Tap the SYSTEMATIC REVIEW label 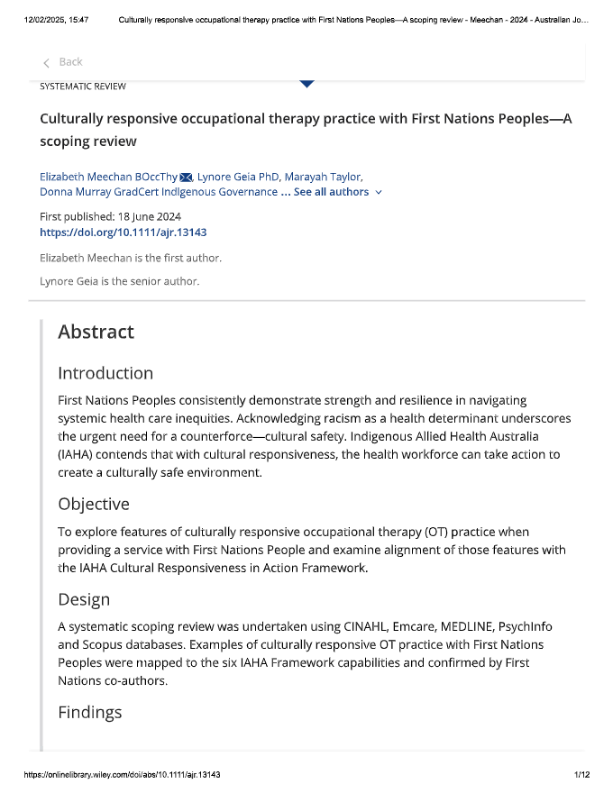(x=83, y=87)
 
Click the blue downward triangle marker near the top (x=306, y=84)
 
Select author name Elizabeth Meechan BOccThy (x=108, y=177)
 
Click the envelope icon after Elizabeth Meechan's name (x=187, y=177)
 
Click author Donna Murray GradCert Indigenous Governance (x=159, y=192)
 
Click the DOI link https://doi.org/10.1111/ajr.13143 (x=124, y=232)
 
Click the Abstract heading (x=96, y=332)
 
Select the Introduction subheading (x=105, y=373)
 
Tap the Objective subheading (x=94, y=504)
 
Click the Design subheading (x=84, y=599)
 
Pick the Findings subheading (x=90, y=713)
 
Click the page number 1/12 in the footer (x=581, y=775)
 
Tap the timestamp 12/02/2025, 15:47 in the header (x=57, y=19)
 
